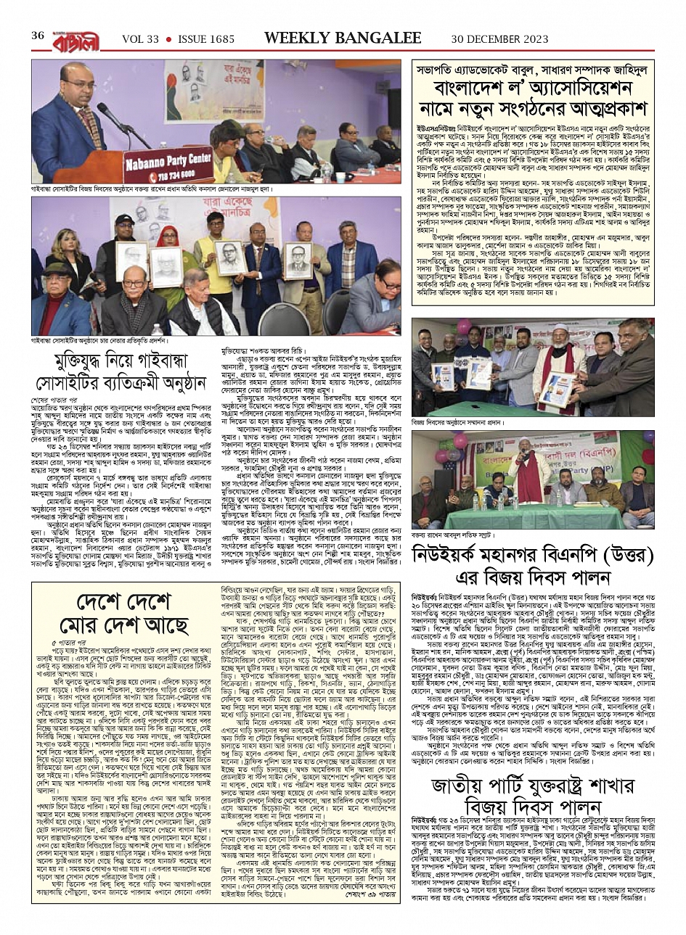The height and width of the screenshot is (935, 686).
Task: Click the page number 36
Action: click(37, 36)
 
